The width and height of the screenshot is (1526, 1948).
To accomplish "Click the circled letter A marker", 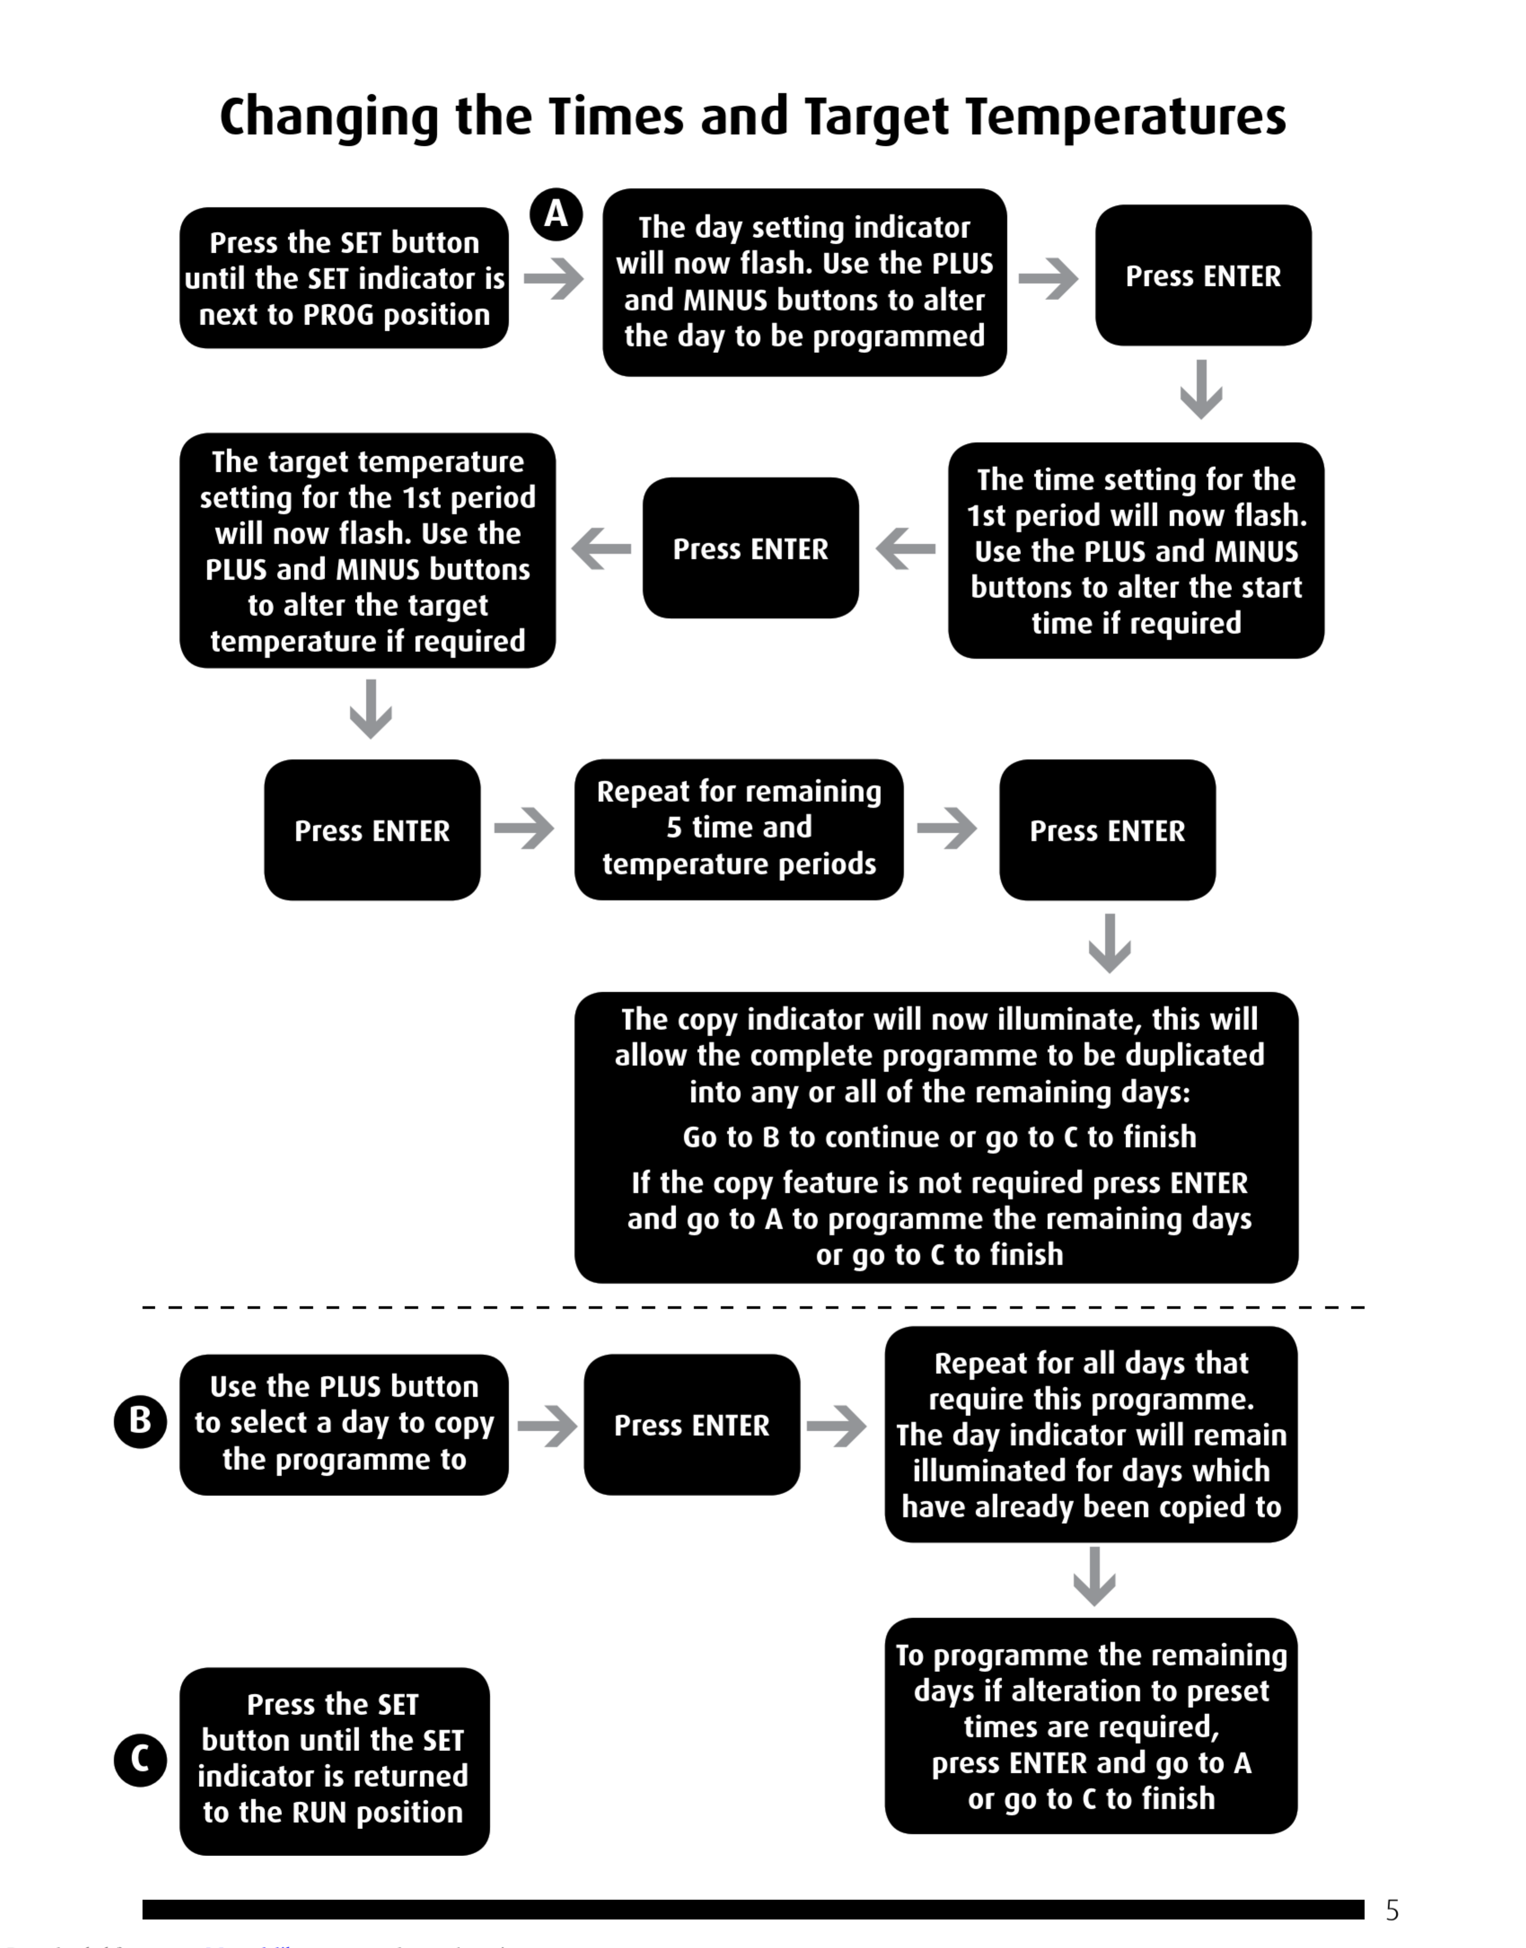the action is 556,215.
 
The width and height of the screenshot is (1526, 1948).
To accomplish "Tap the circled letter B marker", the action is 140,1421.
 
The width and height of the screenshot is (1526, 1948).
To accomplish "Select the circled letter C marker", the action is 140,1759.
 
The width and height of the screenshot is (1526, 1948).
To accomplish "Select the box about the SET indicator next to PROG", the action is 344,278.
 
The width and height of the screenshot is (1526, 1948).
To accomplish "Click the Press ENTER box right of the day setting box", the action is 1202,276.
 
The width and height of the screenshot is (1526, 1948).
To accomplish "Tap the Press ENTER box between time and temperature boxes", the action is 750,548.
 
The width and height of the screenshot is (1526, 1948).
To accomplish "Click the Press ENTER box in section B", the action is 692,1424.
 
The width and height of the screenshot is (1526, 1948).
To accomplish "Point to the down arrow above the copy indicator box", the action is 1109,943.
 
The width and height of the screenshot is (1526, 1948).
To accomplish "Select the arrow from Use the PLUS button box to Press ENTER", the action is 547,1424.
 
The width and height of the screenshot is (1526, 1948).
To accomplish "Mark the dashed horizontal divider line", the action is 753,1307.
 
